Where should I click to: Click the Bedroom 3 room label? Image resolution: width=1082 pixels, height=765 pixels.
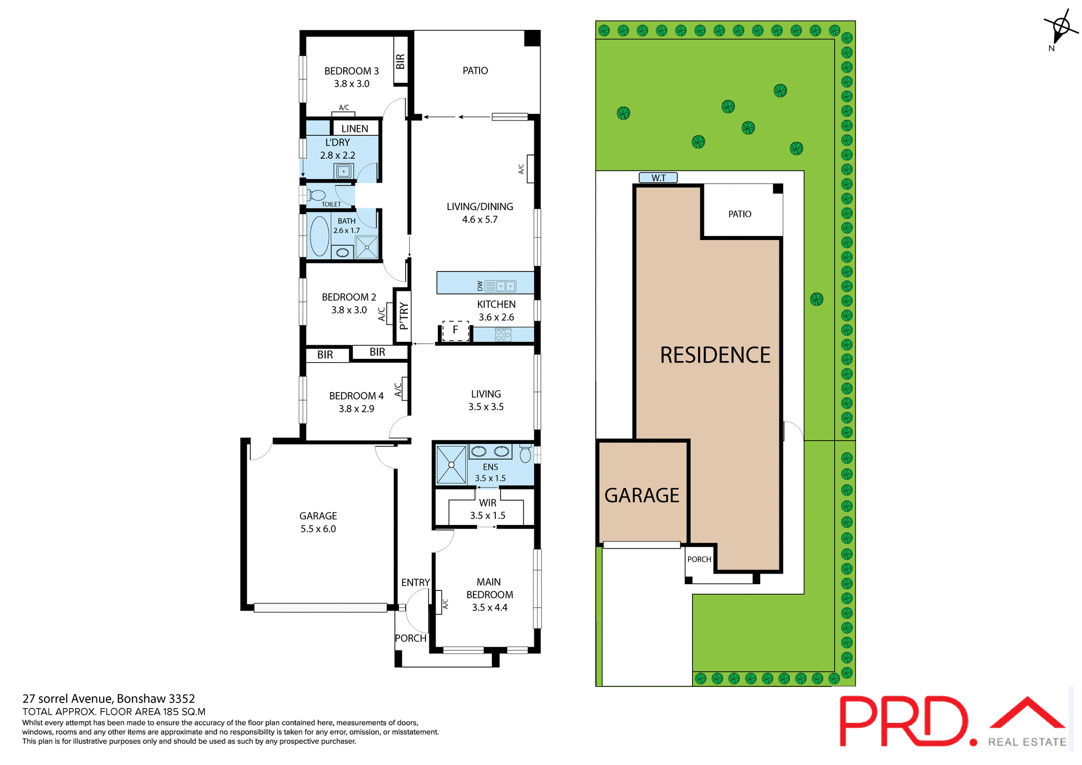coord(351,71)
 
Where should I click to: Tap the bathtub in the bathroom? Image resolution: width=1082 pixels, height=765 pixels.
coord(319,236)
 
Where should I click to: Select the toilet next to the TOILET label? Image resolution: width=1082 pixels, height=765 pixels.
coord(317,195)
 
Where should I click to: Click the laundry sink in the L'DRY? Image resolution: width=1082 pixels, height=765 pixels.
coord(343,171)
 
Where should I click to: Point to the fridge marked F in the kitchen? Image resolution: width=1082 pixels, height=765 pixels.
coord(455,331)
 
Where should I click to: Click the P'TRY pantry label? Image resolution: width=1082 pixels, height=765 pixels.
coord(403,315)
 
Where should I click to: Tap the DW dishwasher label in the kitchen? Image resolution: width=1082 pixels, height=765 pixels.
coord(480,286)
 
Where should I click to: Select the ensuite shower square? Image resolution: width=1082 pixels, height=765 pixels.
coord(451,465)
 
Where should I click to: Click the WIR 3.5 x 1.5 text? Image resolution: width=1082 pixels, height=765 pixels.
coord(487,509)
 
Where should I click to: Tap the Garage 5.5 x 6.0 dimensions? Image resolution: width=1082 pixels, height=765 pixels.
coord(318,529)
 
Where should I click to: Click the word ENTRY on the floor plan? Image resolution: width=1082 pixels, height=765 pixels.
coord(415,582)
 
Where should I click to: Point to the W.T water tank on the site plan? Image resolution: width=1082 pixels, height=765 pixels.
coord(658,178)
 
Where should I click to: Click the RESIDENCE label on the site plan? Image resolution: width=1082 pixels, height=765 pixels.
coord(715,355)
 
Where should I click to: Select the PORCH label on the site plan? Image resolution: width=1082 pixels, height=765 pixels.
coord(699,559)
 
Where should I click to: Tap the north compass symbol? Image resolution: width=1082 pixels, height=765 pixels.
coord(1060,27)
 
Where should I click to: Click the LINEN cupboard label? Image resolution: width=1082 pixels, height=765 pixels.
coord(354,128)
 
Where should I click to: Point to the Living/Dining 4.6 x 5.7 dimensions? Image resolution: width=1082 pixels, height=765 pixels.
coord(480,220)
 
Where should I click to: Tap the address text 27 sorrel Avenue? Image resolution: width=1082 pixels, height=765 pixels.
coord(108,699)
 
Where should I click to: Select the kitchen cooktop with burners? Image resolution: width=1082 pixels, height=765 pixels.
coord(503,335)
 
